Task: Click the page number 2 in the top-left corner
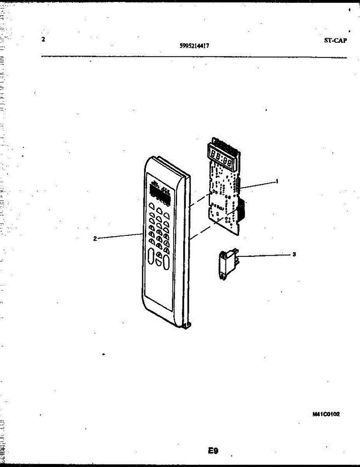point(43,39)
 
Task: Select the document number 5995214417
point(194,46)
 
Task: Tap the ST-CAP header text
point(335,40)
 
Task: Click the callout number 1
point(277,181)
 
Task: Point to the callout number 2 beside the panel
point(95,239)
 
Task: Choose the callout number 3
point(294,255)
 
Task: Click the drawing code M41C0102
point(326,414)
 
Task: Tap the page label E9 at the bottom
point(213,451)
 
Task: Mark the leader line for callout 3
point(264,255)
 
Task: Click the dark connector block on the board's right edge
point(241,210)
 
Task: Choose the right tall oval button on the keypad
point(166,262)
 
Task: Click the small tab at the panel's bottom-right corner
point(187,325)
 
